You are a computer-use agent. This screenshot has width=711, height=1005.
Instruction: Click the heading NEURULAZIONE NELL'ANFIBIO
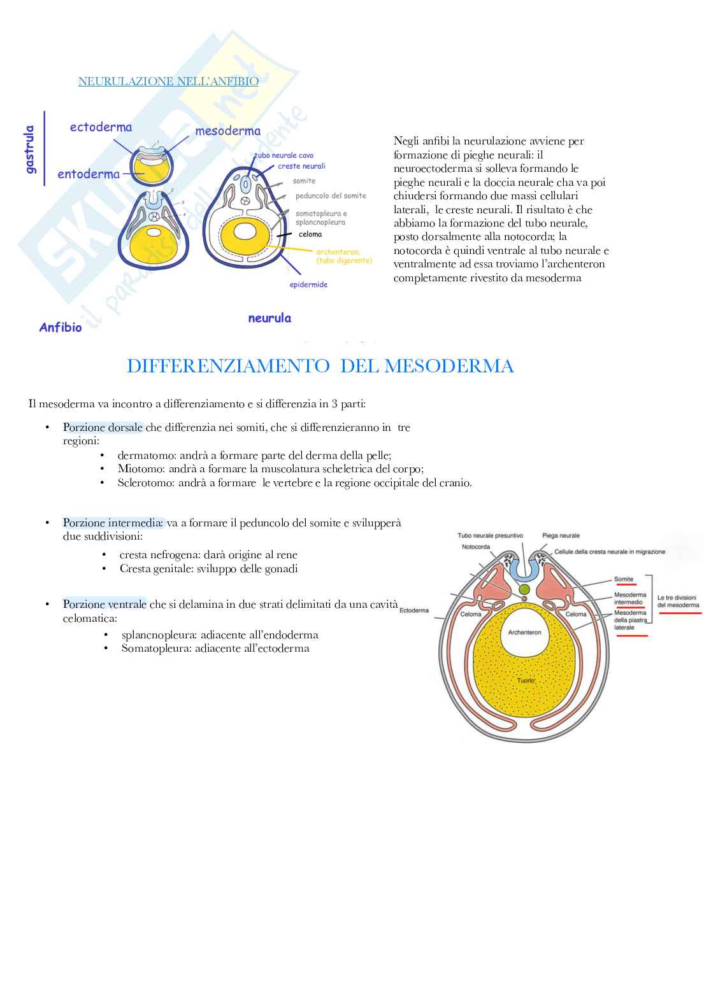pyautogui.click(x=168, y=81)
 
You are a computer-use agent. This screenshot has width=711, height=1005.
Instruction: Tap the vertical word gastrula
pyautogui.click(x=30, y=149)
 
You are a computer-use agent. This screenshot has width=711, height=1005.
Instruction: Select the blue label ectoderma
pyautogui.click(x=101, y=127)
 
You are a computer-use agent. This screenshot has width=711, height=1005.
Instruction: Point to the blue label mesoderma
pyautogui.click(x=227, y=131)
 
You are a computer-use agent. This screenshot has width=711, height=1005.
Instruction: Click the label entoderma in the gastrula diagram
pyautogui.click(x=89, y=174)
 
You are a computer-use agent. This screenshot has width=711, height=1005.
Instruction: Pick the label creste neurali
pyautogui.click(x=301, y=166)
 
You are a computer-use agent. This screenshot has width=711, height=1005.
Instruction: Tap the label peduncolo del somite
pyautogui.click(x=331, y=195)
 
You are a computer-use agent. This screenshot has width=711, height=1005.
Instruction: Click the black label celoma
pyautogui.click(x=310, y=234)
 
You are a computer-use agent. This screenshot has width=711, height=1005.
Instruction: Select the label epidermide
pyautogui.click(x=308, y=285)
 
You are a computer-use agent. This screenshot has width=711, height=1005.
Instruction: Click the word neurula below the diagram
pyautogui.click(x=269, y=318)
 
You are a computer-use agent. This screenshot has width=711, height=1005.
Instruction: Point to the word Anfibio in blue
pyautogui.click(x=61, y=328)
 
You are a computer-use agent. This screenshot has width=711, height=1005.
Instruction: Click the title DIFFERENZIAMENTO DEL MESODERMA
pyautogui.click(x=320, y=366)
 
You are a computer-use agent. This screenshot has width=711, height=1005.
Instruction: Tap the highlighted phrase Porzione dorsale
pyautogui.click(x=103, y=428)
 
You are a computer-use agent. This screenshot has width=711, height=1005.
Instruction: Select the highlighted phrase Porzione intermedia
pyautogui.click(x=113, y=523)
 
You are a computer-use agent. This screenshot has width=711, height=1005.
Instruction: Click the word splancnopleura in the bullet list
pyautogui.click(x=156, y=635)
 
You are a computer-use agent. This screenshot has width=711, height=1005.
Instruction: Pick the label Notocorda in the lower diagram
pyautogui.click(x=476, y=547)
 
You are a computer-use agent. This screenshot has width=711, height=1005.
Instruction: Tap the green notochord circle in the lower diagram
pyautogui.click(x=524, y=589)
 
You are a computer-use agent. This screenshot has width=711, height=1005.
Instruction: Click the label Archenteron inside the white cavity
pyautogui.click(x=524, y=632)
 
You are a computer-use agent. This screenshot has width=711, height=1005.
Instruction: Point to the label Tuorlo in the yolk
pyautogui.click(x=526, y=680)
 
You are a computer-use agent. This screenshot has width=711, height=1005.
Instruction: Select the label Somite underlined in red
pyautogui.click(x=624, y=579)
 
